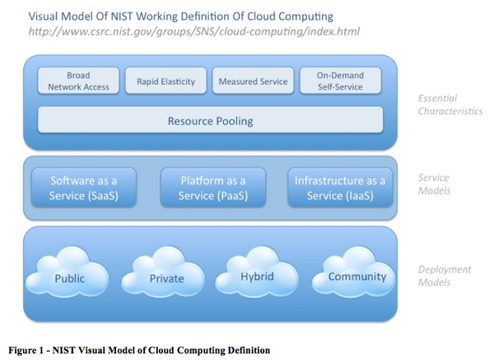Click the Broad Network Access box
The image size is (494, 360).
click(78, 81)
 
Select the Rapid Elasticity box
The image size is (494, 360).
click(165, 81)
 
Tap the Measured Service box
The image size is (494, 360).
click(253, 81)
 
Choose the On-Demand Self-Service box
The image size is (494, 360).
click(340, 81)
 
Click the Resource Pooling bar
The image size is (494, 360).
click(211, 120)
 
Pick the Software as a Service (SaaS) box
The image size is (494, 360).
click(84, 187)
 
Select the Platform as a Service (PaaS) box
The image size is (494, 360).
click(213, 187)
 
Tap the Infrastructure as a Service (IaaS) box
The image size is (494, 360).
click(340, 187)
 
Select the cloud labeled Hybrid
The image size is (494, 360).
click(257, 273)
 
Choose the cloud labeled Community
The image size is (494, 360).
click(353, 273)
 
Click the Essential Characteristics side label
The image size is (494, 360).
click(450, 105)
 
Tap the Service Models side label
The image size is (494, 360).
click(434, 184)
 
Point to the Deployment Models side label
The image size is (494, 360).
click(445, 276)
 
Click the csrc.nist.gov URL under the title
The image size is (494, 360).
click(193, 31)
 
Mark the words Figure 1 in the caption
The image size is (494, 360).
click(26, 350)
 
